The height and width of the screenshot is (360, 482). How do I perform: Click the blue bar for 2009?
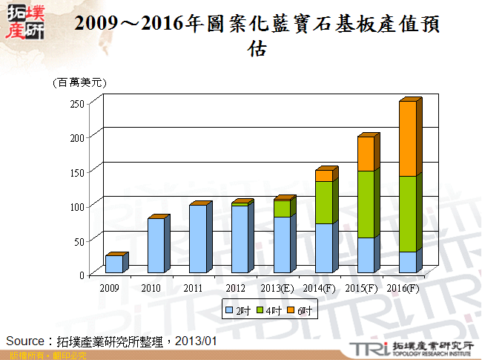[x=113, y=264]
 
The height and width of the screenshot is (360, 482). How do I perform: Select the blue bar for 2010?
[x=156, y=246]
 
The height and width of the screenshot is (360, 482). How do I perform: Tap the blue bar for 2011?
[x=197, y=239]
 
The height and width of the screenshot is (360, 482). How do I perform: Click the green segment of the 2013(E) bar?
[x=282, y=209]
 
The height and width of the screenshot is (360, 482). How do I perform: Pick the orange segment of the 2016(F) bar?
[x=408, y=139]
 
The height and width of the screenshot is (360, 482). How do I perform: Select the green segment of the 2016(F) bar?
[x=408, y=214]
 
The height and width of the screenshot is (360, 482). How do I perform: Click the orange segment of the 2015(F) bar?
[x=366, y=154]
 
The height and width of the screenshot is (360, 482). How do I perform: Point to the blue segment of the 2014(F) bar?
[x=323, y=248]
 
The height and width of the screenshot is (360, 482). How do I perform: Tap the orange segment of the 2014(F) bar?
[x=323, y=176]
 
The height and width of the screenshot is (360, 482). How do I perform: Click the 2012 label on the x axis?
[x=235, y=288]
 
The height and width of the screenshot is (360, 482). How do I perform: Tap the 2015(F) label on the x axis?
[x=362, y=288]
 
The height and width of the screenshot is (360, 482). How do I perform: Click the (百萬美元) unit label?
[x=79, y=82]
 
